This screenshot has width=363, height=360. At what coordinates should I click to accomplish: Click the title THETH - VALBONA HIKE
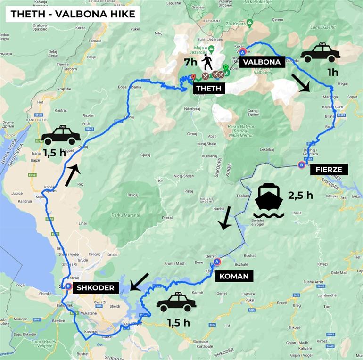[x=73, y=14]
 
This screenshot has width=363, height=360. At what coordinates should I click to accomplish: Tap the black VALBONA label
[x=260, y=62]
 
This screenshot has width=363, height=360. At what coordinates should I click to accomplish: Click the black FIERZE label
[x=329, y=169]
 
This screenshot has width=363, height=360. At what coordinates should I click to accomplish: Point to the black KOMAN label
[x=234, y=276]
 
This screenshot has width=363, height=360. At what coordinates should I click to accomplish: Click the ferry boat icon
[x=268, y=200]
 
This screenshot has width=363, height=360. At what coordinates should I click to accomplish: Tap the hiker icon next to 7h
[x=207, y=62]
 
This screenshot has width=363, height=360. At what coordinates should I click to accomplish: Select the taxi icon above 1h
[x=320, y=53]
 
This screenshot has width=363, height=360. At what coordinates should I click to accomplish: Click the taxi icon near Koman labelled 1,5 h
[x=176, y=302]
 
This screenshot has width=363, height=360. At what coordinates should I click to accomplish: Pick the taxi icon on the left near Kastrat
[x=61, y=135]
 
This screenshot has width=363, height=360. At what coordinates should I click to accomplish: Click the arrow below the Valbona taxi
[x=300, y=82]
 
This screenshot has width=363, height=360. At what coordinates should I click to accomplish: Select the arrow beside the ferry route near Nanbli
[x=226, y=218]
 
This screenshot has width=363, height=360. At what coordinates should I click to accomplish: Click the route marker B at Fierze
[x=301, y=164]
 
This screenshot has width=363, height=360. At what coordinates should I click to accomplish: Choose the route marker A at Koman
[x=217, y=262]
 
